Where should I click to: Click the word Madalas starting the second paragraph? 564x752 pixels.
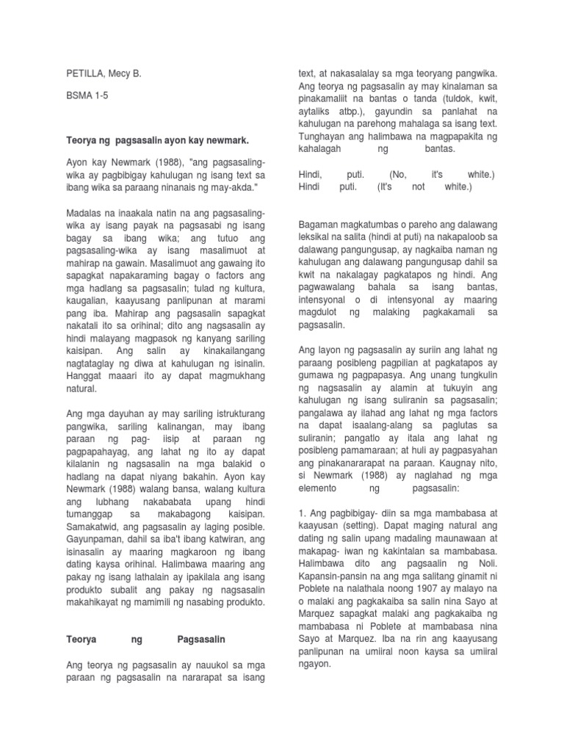click(x=85, y=213)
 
